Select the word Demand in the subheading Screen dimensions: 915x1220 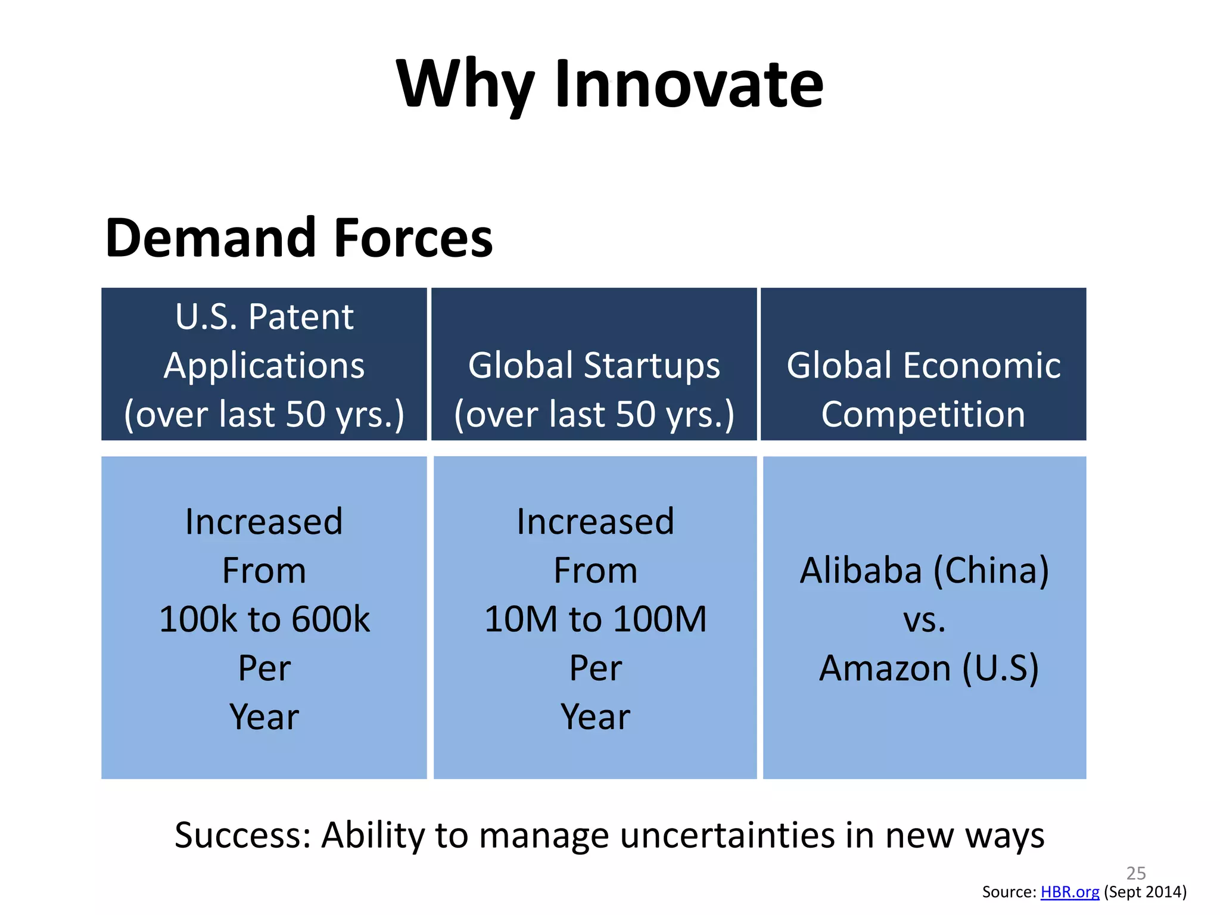click(x=210, y=238)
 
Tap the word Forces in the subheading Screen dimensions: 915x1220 click(x=413, y=238)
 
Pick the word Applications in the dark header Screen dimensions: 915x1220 click(x=264, y=365)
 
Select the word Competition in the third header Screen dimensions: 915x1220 click(x=923, y=414)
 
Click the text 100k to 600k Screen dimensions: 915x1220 click(x=264, y=619)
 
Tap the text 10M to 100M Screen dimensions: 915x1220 click(x=595, y=619)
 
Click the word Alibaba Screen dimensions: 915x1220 click(x=860, y=571)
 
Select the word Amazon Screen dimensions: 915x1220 click(x=885, y=668)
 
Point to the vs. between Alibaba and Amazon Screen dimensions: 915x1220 click(x=924, y=620)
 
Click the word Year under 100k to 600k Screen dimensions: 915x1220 click(x=264, y=717)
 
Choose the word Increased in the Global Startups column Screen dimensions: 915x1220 click(x=595, y=522)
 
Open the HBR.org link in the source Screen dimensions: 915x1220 click(x=1069, y=892)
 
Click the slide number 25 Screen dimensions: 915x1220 click(x=1136, y=873)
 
